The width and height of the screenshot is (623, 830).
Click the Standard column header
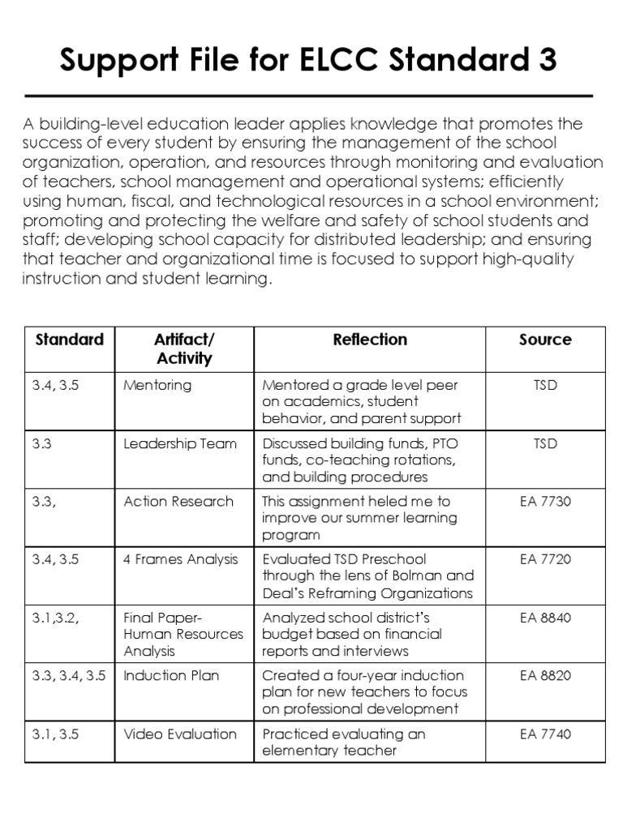point(70,340)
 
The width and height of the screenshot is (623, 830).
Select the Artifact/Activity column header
point(184,349)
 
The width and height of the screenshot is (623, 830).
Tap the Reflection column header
point(370,340)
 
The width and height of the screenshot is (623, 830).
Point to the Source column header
point(545,340)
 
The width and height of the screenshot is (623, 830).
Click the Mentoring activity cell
point(157,385)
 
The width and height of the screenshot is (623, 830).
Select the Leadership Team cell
point(180,443)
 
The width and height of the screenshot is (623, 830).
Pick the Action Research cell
point(178,502)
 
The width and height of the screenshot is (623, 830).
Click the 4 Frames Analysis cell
point(181,559)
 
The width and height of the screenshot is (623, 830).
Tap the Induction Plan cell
point(171,675)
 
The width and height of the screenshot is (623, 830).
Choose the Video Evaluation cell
point(180,734)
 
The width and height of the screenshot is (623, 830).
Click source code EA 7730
point(545,502)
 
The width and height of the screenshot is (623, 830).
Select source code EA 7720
point(545,559)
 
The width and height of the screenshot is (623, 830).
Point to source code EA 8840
point(545,618)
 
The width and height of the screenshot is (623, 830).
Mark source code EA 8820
point(545,675)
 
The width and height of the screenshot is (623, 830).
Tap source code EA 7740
point(545,734)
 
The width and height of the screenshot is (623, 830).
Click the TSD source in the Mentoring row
point(545,385)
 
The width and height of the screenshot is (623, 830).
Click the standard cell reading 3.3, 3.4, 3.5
point(69,675)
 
